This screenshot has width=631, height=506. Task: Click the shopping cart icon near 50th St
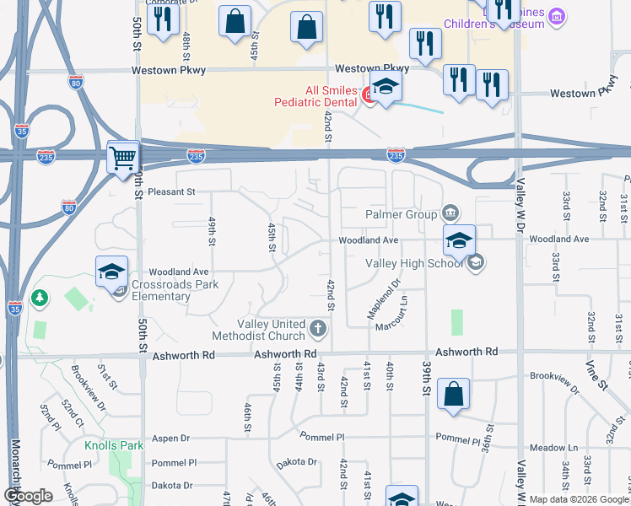tap(123, 156)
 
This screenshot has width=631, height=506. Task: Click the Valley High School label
tap(413, 263)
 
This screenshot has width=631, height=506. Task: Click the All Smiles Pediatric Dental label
tap(316, 96)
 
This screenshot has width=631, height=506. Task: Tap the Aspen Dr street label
tap(171, 439)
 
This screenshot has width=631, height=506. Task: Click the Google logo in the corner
tap(28, 496)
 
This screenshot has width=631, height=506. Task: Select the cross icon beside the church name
tap(318, 327)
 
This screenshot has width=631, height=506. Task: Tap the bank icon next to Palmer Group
tap(450, 212)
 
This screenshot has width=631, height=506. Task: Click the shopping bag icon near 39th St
tap(453, 394)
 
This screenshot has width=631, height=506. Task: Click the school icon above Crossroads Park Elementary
tap(111, 272)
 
